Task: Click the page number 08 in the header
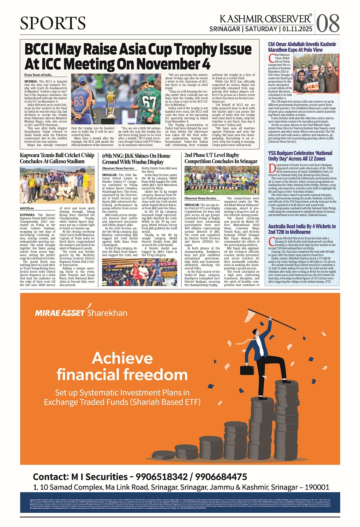[x=328, y=23]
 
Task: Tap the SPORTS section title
[x=53, y=23]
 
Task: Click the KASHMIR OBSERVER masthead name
[x=265, y=19]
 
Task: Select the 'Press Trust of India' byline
[x=38, y=75]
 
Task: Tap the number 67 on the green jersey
[x=148, y=101]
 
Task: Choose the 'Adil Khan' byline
[x=27, y=208]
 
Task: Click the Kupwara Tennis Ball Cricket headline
[x=57, y=158]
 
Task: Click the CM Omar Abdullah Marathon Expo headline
[x=302, y=47]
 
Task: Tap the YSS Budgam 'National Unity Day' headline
[x=300, y=156]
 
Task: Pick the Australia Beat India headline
[x=302, y=229]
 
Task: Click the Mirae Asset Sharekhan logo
[x=81, y=312]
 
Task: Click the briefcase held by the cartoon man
[x=247, y=370]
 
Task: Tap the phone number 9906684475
[x=221, y=477]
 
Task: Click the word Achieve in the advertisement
[x=123, y=358]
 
